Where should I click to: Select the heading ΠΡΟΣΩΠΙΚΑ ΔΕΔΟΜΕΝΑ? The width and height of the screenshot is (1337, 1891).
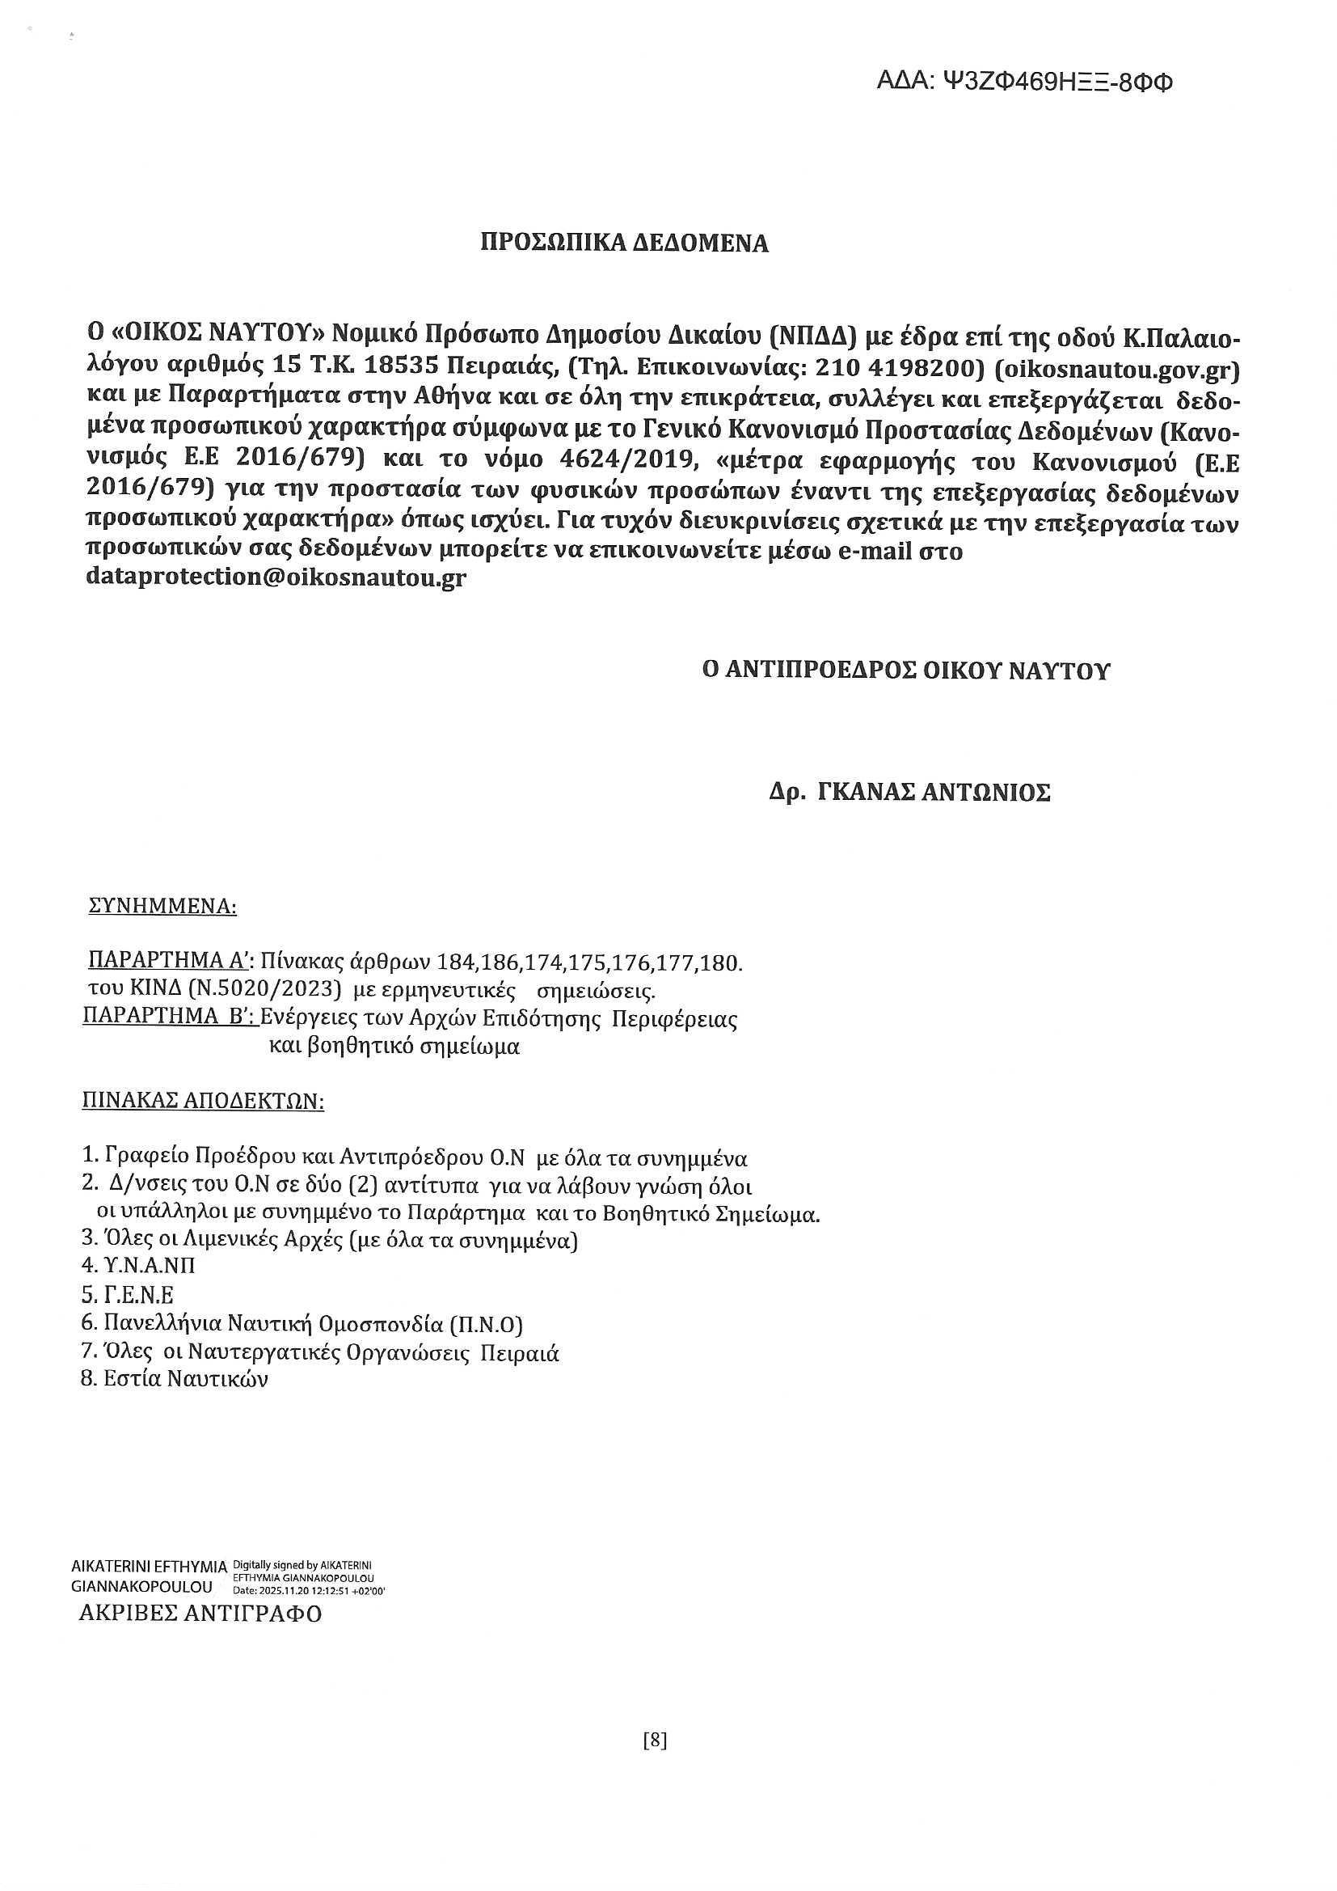[625, 243]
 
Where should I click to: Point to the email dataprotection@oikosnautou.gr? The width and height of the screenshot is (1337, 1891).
[276, 577]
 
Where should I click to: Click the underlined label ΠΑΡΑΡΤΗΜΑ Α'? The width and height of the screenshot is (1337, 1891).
[174, 962]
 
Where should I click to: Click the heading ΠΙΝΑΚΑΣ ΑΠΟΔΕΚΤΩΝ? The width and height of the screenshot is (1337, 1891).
[203, 1101]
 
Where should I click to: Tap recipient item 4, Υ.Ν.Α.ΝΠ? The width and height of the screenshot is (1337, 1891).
[139, 1265]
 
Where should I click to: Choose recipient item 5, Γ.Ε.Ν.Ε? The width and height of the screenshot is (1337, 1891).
[129, 1295]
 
